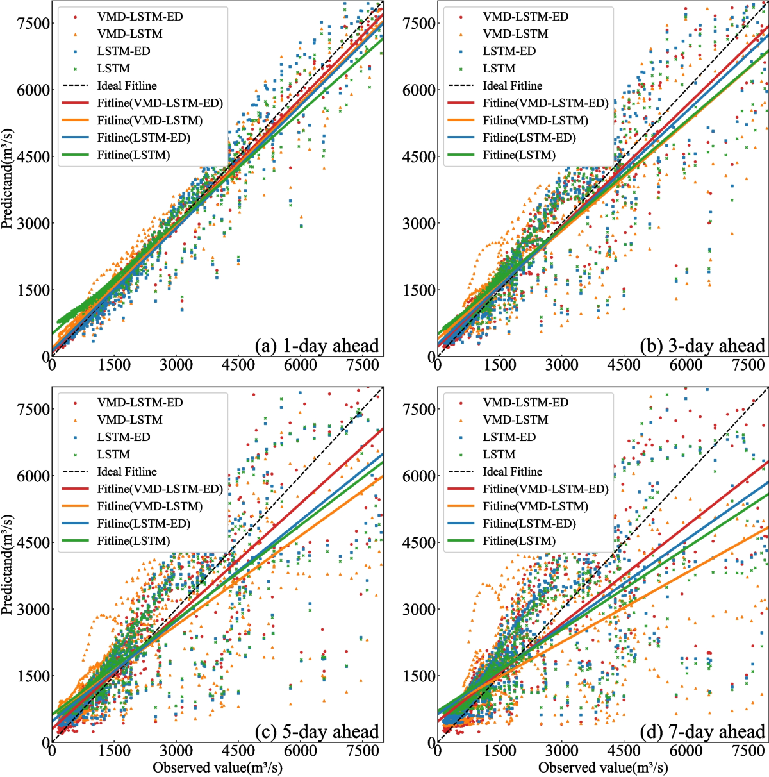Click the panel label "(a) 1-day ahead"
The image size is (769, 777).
click(x=317, y=346)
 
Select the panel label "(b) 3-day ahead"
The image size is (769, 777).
click(x=702, y=346)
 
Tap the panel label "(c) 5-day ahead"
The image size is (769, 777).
click(x=317, y=732)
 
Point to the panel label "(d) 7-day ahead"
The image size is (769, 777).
click(x=702, y=732)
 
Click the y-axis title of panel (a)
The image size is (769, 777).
click(x=8, y=178)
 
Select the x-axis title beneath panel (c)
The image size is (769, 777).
click(x=217, y=767)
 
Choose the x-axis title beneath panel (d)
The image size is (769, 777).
click(x=603, y=767)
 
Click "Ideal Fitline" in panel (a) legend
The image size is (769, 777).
click(x=127, y=86)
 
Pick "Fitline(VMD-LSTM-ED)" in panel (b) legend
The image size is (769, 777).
click(x=545, y=103)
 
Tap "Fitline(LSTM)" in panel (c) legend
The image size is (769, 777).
click(x=133, y=541)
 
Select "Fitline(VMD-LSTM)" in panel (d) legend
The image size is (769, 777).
click(x=535, y=506)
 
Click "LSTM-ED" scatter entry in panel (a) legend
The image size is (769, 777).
click(x=124, y=51)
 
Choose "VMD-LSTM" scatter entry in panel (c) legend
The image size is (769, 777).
click(x=129, y=420)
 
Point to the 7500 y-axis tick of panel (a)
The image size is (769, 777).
click(x=33, y=24)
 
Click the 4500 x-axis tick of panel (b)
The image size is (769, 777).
click(x=624, y=365)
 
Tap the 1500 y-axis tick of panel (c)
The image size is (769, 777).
click(x=33, y=676)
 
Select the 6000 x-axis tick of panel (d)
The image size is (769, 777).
click(x=686, y=751)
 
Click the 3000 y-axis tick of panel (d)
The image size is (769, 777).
click(x=419, y=609)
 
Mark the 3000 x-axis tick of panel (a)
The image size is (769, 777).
click(x=176, y=365)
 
